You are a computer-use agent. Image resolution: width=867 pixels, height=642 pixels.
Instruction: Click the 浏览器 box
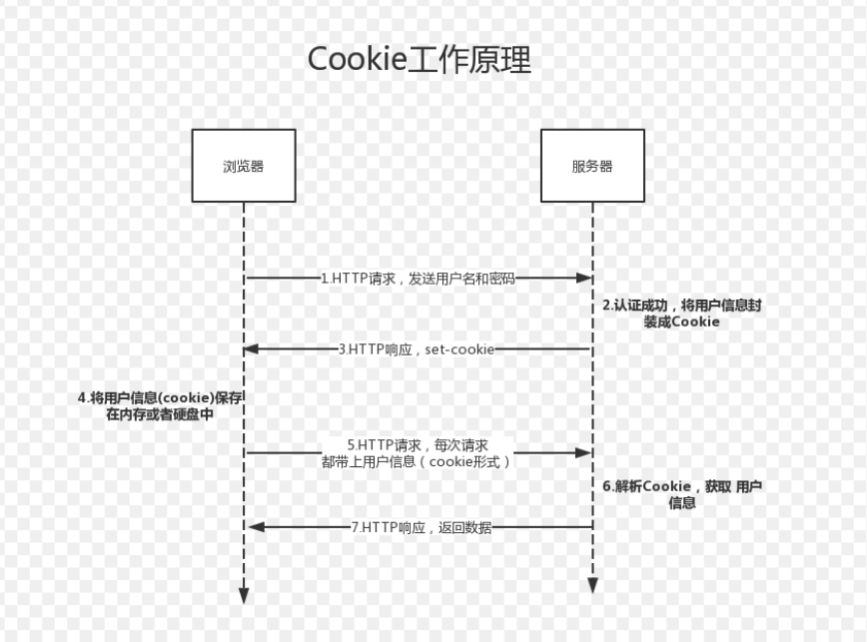(244, 166)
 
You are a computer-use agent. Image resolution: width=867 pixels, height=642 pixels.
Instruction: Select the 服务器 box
(592, 166)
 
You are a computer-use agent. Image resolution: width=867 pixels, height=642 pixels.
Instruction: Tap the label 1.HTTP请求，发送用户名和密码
(418, 279)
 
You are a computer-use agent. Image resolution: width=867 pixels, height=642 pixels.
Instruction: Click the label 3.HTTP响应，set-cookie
(417, 348)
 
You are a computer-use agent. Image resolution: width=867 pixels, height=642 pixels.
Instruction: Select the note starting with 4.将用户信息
(161, 405)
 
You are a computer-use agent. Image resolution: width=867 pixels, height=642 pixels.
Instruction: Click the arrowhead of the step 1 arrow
(584, 279)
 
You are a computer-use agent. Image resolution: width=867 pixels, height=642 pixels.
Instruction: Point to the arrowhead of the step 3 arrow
(252, 348)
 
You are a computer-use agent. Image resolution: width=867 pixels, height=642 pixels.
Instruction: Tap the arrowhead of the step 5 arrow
(584, 452)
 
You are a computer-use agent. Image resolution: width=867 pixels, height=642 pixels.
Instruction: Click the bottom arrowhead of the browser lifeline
(244, 596)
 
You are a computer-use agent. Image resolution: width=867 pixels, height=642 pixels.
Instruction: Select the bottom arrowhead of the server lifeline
(592, 585)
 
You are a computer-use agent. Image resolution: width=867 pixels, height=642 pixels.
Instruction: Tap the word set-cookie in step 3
(461, 348)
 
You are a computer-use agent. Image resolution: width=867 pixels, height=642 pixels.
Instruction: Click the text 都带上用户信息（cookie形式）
(418, 461)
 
